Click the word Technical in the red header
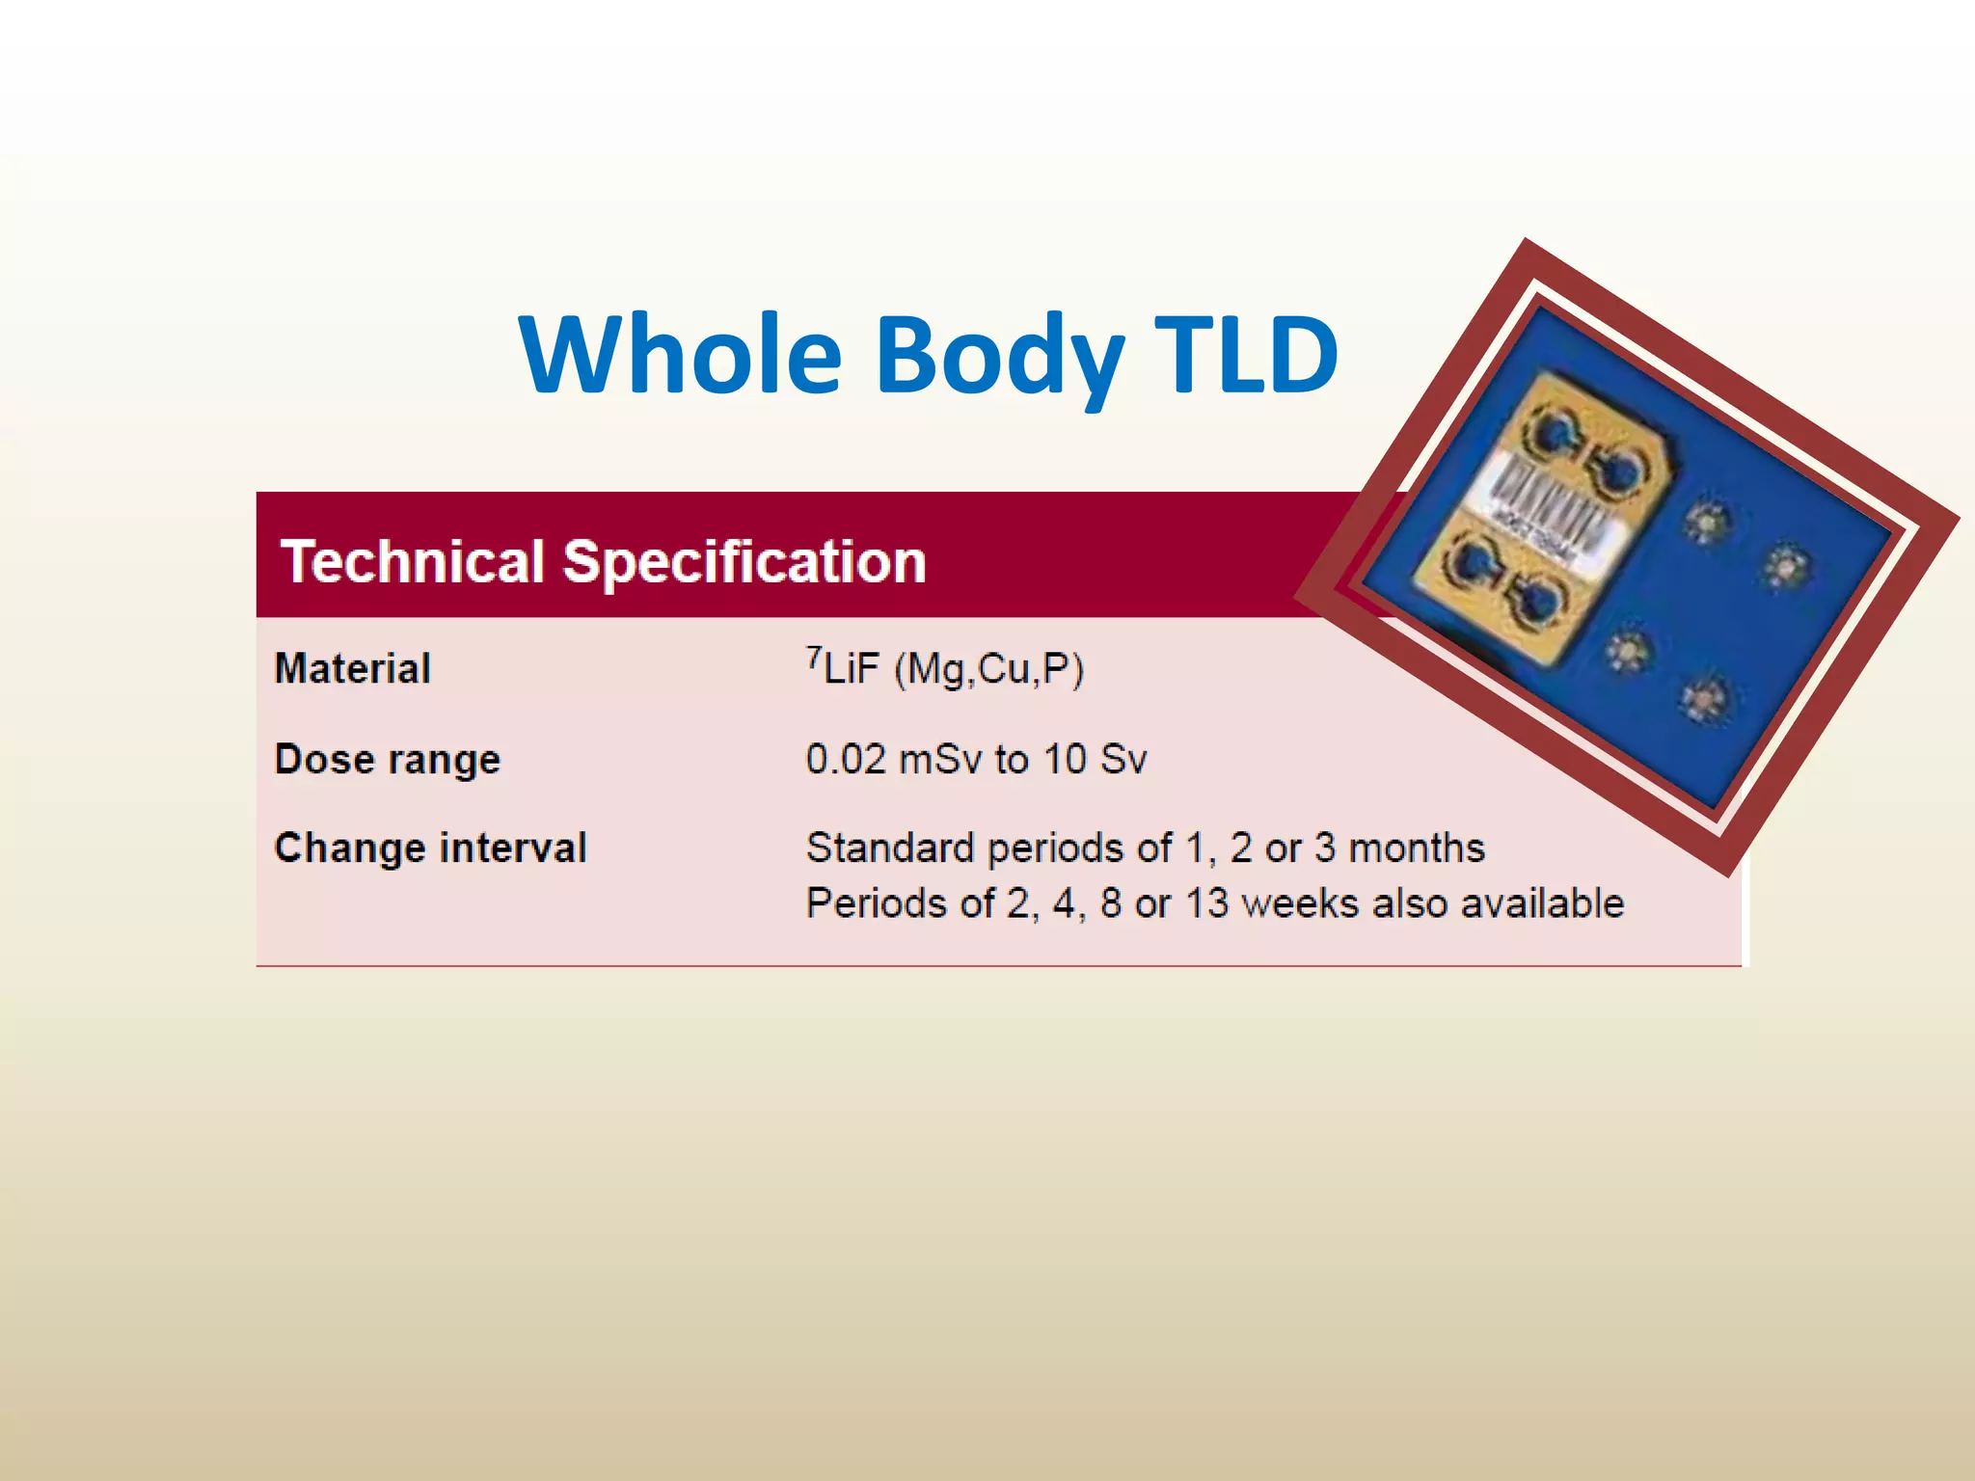413,561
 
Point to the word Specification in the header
744,563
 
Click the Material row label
353,668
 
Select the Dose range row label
388,760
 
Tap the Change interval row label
430,848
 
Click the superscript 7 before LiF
814,657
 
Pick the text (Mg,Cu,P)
989,669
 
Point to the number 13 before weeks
1206,904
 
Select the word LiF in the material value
852,669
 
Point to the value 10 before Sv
1065,759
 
